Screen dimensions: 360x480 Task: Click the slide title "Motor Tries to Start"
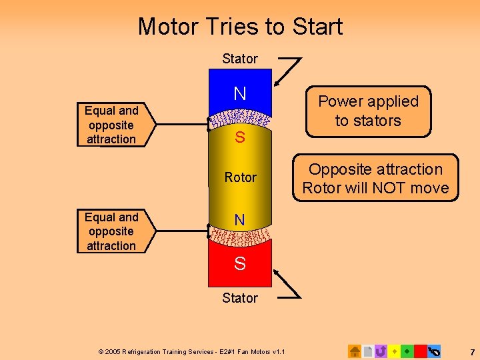(240, 27)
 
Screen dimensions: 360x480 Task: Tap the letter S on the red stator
(240, 264)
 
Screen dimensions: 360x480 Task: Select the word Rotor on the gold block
(240, 177)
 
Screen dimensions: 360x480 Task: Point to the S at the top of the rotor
(240, 139)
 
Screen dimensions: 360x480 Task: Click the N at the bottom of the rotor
(240, 219)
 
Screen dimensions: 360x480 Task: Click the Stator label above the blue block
(240, 59)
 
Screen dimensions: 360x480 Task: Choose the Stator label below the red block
(240, 298)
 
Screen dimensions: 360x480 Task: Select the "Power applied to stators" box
(368, 111)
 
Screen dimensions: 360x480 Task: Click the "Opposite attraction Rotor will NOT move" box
(376, 179)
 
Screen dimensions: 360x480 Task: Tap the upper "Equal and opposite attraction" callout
(112, 125)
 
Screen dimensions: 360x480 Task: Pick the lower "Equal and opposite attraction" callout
(112, 231)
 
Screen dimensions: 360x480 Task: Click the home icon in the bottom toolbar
(355, 351)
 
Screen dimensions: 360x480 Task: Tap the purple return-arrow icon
(381, 351)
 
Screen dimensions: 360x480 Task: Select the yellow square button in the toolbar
(394, 351)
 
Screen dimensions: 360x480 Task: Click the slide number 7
(472, 351)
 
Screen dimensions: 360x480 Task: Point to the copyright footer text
(191, 351)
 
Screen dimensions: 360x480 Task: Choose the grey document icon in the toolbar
(367, 351)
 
